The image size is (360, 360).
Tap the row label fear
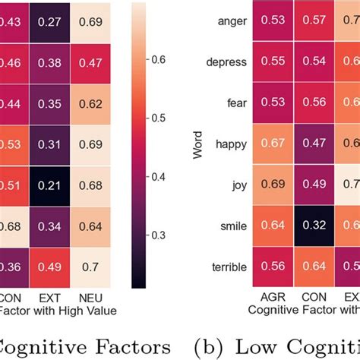pyautogui.click(x=235, y=103)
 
